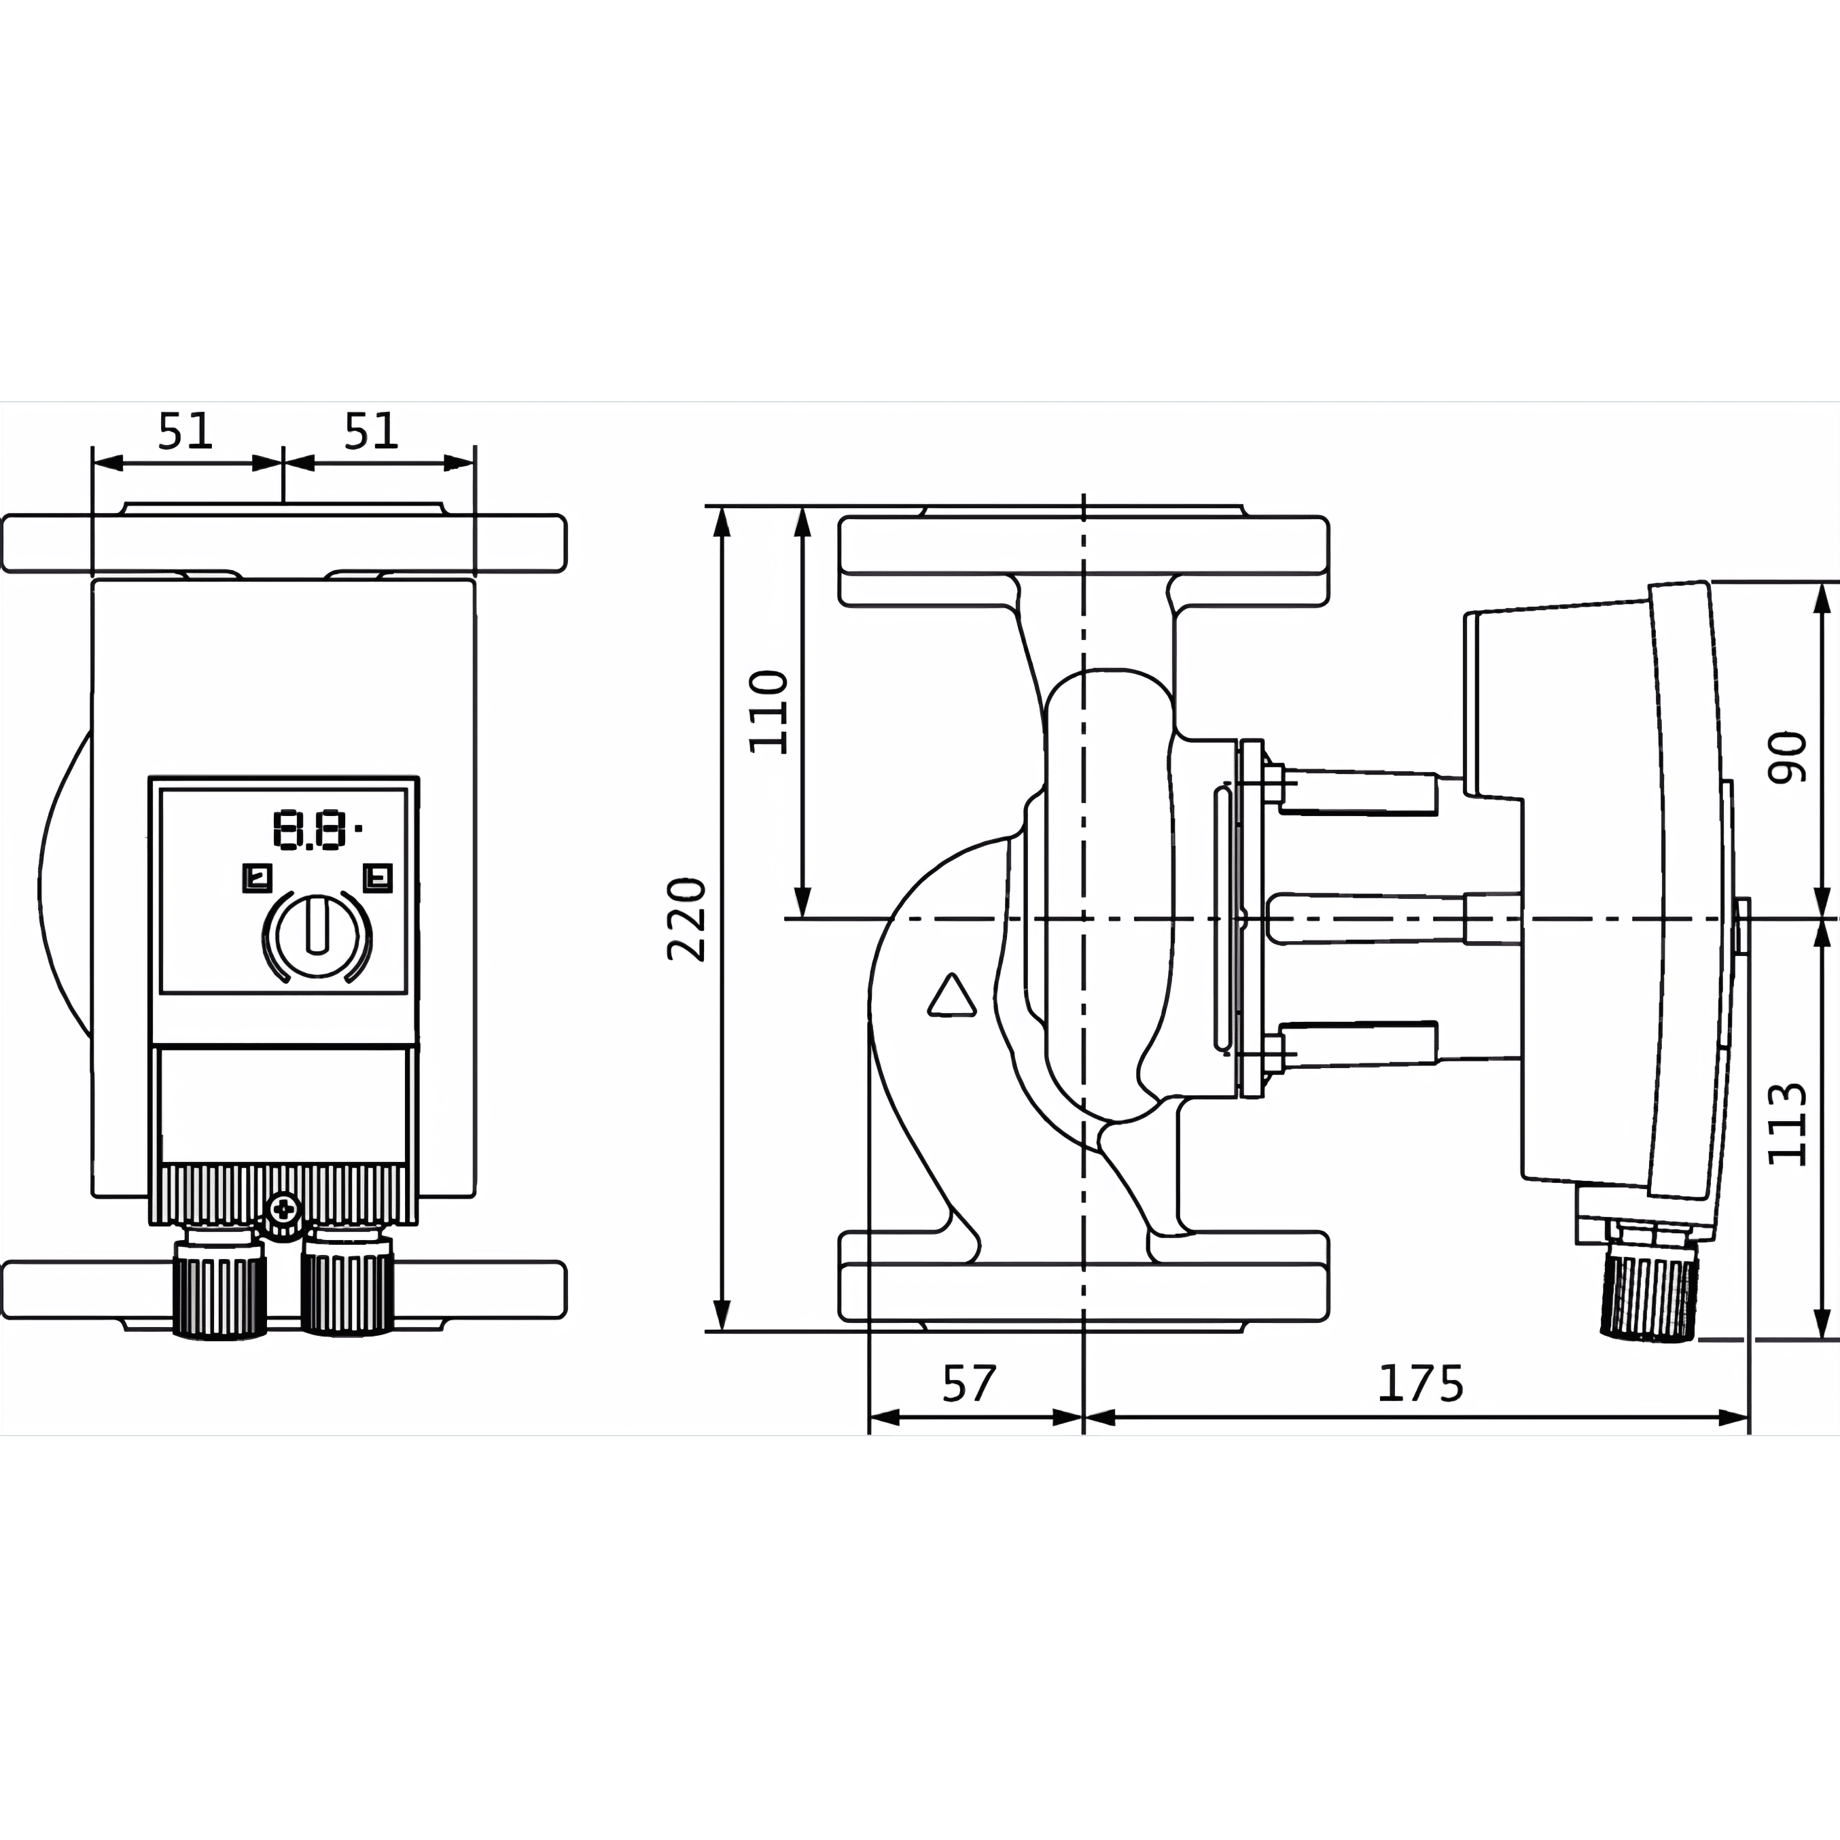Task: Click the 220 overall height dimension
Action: click(687, 919)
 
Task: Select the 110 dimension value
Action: click(768, 712)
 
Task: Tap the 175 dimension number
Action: click(1420, 1384)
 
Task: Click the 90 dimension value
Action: click(1787, 757)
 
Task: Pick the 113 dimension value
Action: click(1787, 1124)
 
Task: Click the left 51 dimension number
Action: click(185, 431)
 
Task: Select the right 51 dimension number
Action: click(370, 431)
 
